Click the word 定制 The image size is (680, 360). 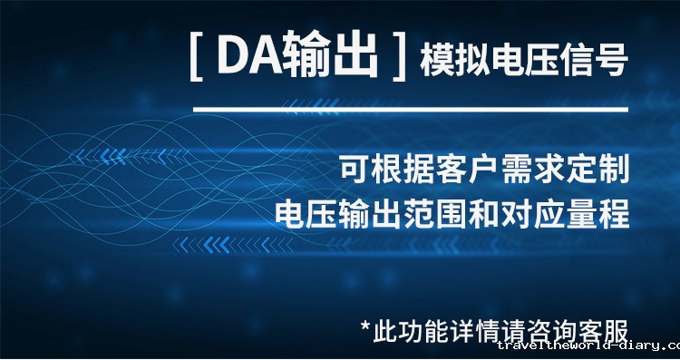(x=602, y=169)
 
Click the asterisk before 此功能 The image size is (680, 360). (x=366, y=325)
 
